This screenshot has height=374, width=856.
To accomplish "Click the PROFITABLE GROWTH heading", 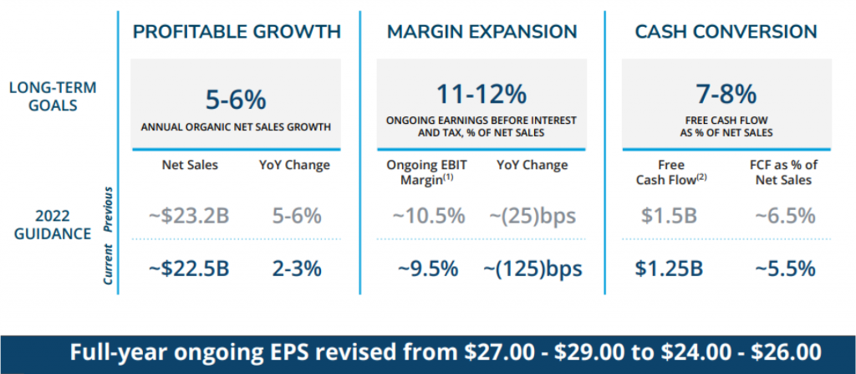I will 237,32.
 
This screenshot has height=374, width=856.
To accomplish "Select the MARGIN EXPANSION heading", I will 481,32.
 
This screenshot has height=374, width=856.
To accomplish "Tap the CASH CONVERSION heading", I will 726,32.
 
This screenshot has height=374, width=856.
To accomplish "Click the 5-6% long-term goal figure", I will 236,100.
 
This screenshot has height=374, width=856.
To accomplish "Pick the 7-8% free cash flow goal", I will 726,93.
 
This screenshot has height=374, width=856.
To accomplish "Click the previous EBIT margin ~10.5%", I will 428,216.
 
